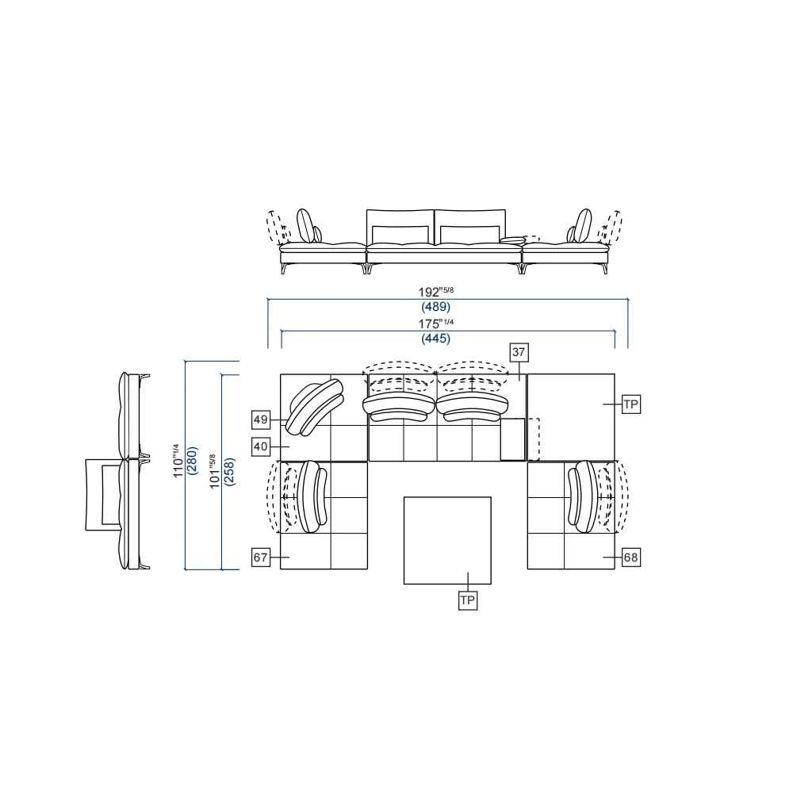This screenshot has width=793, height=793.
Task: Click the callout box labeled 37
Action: click(519, 351)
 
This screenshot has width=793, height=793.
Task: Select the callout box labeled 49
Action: click(261, 418)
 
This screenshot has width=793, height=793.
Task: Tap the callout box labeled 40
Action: click(261, 446)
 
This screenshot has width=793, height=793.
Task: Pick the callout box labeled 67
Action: click(261, 557)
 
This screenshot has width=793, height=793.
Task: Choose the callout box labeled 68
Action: click(630, 557)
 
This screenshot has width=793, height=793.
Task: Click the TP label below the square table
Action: click(468, 601)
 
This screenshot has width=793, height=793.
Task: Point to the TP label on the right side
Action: click(630, 404)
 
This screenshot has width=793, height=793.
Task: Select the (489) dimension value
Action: click(436, 307)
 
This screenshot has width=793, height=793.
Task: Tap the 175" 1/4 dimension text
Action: click(436, 323)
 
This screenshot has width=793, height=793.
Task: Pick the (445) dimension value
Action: click(436, 339)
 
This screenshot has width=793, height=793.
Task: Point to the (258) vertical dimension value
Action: click(230, 473)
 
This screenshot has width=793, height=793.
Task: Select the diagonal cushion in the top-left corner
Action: click(314, 407)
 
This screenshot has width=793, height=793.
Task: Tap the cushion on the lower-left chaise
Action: click(312, 496)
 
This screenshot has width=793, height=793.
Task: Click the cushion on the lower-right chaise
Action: click(583, 496)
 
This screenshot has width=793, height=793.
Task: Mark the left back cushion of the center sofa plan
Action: click(398, 406)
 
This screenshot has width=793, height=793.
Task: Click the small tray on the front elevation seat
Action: click(512, 239)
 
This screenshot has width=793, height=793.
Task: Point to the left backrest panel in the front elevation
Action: click(400, 227)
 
